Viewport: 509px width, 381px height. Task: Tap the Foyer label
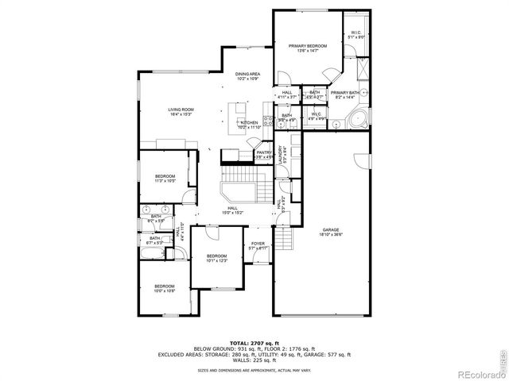(x=258, y=246)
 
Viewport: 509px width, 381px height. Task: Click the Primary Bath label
(x=345, y=94)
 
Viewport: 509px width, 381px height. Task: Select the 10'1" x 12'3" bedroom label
(x=216, y=258)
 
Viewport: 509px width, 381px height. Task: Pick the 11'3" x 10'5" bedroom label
(x=165, y=178)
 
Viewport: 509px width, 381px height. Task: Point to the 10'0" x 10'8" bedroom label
(x=165, y=288)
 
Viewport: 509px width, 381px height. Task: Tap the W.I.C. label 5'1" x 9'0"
(x=356, y=36)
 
